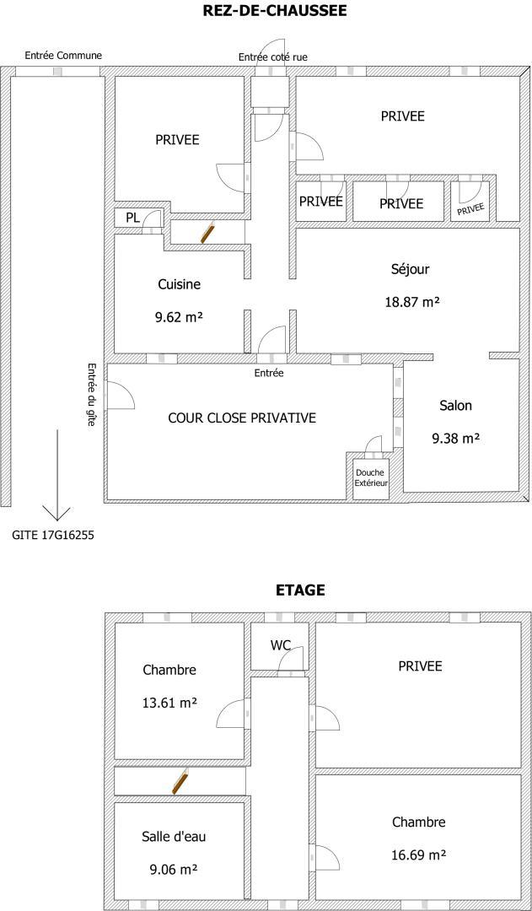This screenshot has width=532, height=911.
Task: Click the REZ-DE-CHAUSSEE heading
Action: click(x=275, y=10)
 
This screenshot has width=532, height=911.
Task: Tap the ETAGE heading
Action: click(x=299, y=590)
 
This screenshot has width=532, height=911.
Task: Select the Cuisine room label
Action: click(x=180, y=285)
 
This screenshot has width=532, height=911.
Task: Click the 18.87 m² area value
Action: click(x=411, y=301)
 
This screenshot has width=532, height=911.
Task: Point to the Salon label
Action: click(x=455, y=406)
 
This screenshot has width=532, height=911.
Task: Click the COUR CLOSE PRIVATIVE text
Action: click(x=242, y=418)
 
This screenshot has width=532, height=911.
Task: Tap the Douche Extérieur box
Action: click(x=371, y=477)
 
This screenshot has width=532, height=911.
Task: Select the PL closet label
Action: click(x=132, y=218)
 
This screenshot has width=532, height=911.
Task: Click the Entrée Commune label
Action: click(x=63, y=56)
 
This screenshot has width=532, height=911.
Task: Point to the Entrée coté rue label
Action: click(x=273, y=57)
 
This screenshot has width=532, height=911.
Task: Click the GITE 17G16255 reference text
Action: click(x=53, y=535)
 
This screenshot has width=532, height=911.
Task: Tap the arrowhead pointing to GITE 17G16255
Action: click(x=57, y=519)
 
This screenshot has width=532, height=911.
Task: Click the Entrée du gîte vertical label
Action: click(x=90, y=395)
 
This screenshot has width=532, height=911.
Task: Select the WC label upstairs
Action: click(x=280, y=644)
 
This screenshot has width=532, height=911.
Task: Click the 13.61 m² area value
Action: click(x=169, y=703)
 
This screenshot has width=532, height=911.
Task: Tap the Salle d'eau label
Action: click(x=174, y=837)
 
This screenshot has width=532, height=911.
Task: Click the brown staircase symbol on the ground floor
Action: click(x=208, y=232)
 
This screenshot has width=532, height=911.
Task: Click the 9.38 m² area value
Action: click(x=455, y=439)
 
